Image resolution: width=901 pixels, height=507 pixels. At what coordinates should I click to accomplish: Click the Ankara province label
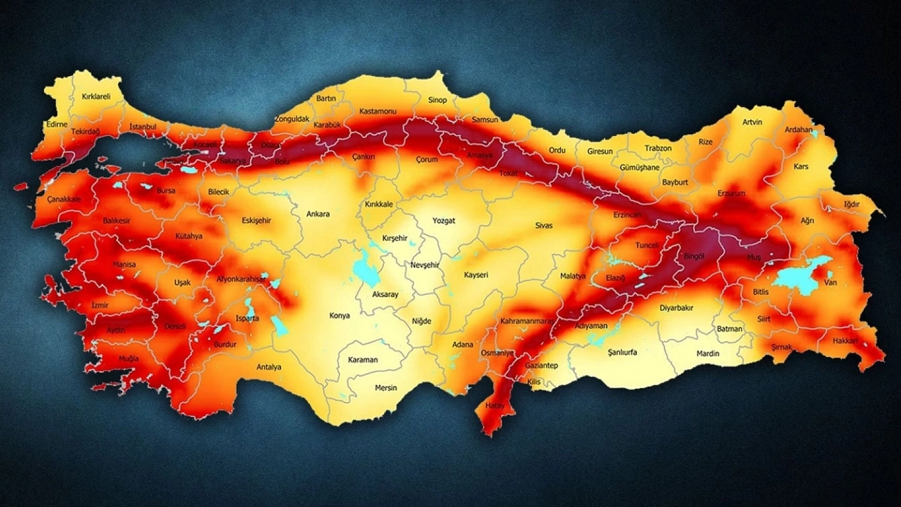coord(318,214)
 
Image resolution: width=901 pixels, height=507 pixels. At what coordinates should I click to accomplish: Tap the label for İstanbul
coord(143,127)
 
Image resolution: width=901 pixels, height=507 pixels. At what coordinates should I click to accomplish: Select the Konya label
coord(339,315)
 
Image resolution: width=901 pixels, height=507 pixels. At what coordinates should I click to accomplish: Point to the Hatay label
coord(494,405)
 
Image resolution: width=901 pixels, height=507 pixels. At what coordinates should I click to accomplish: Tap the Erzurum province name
coord(731,193)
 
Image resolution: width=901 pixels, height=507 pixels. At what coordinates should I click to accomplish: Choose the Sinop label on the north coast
coord(437,100)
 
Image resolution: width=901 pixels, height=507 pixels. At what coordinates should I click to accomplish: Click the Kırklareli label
coord(96,97)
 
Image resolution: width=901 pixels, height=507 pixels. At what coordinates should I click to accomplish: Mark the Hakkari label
coord(845,340)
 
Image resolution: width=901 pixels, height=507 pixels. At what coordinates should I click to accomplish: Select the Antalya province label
coord(268,367)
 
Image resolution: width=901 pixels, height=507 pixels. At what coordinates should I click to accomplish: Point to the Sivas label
coord(543,225)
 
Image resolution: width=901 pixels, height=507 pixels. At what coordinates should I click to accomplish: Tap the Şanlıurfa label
coord(622,352)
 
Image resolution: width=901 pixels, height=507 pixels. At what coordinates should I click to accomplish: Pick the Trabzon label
coord(658,148)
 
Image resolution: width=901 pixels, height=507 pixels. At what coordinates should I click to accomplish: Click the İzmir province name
coord(100,305)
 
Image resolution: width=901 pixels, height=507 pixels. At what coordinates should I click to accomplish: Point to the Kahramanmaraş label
coord(527,321)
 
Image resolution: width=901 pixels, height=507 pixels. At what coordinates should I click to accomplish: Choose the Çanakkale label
coord(64,199)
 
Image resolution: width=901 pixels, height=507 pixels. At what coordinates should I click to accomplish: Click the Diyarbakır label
coord(676,308)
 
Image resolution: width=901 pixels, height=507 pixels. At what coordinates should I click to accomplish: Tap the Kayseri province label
coord(476,275)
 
